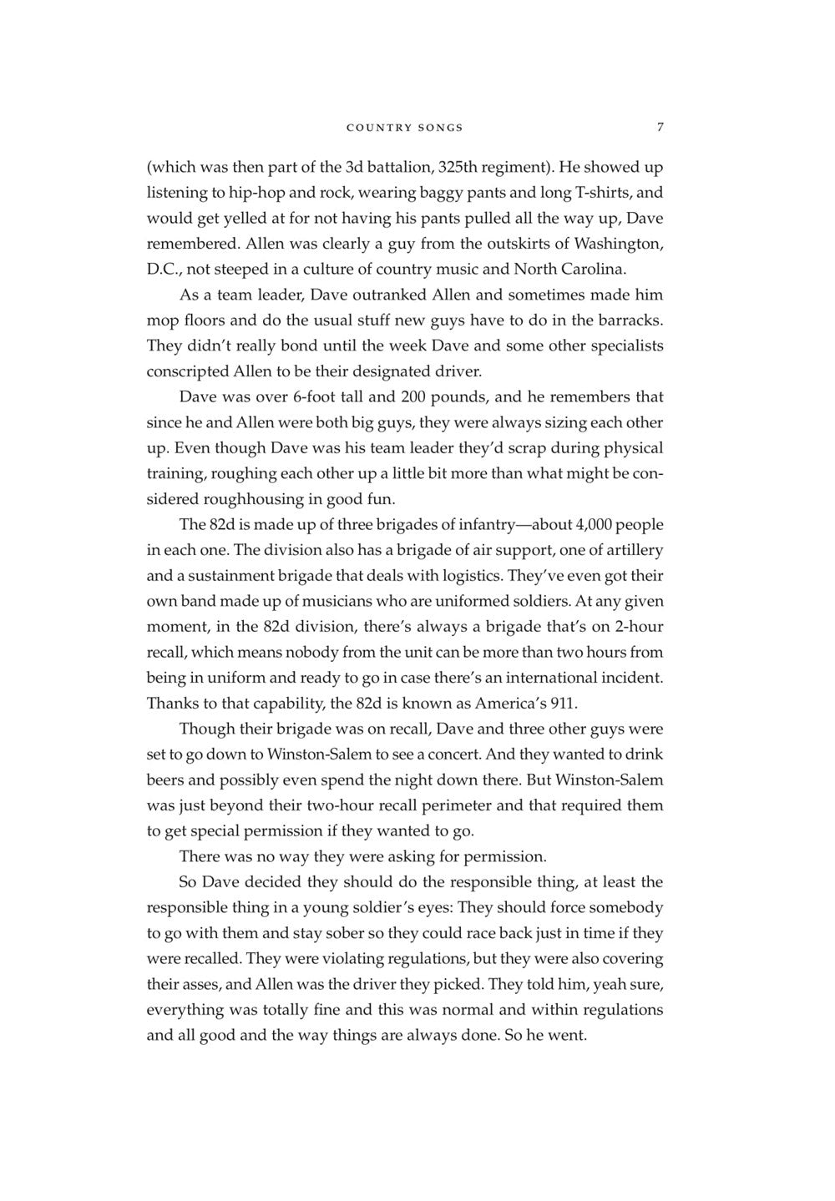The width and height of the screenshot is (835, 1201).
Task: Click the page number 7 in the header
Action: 660,127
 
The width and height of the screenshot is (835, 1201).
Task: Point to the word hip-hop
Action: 257,193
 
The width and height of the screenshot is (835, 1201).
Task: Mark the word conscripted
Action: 187,371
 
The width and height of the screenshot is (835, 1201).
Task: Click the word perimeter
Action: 461,805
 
